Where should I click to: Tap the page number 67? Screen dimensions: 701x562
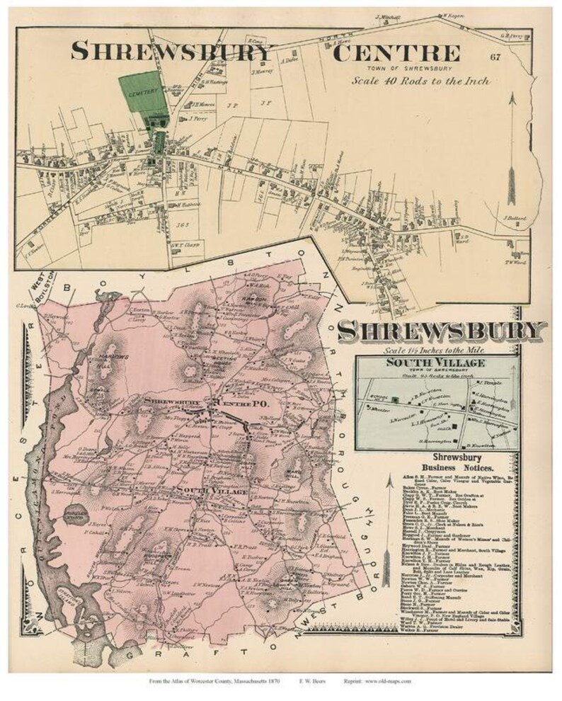[x=494, y=57]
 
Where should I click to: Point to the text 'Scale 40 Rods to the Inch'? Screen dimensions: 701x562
[x=422, y=81]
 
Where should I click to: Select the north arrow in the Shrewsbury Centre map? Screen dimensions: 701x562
[x=511, y=142]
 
